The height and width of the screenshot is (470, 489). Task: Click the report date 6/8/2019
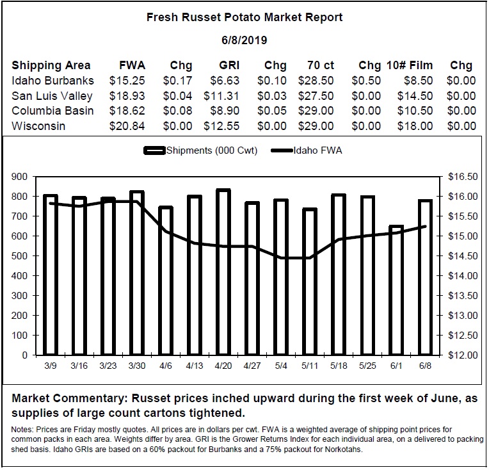pyautogui.click(x=245, y=40)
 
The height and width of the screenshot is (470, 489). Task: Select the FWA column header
pyautogui.click(x=132, y=65)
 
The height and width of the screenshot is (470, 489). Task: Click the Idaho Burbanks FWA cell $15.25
pyautogui.click(x=127, y=81)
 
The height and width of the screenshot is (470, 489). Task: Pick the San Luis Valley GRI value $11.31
pyautogui.click(x=221, y=96)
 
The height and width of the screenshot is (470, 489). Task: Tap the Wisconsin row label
pyautogui.click(x=38, y=126)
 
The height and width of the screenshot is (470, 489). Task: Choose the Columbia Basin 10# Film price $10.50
pyautogui.click(x=415, y=111)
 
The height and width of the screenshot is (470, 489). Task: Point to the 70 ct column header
pyautogui.click(x=320, y=65)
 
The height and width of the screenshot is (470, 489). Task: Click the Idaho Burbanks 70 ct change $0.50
pyautogui.click(x=366, y=81)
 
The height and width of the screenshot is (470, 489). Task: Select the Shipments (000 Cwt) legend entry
pyautogui.click(x=200, y=150)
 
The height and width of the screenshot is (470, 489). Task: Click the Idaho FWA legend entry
pyautogui.click(x=307, y=150)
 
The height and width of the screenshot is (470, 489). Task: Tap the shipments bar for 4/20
pyautogui.click(x=223, y=272)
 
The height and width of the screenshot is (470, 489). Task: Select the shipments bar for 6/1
pyautogui.click(x=396, y=290)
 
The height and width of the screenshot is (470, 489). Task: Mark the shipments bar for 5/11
pyautogui.click(x=310, y=282)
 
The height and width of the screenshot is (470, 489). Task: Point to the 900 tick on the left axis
pyautogui.click(x=19, y=177)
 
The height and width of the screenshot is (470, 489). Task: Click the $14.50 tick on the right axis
pyautogui.click(x=463, y=256)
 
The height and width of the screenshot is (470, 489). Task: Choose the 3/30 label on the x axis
pyautogui.click(x=137, y=366)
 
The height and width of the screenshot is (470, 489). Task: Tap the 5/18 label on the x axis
pyautogui.click(x=339, y=366)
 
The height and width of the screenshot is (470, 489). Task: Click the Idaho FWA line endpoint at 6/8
pyautogui.click(x=425, y=226)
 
